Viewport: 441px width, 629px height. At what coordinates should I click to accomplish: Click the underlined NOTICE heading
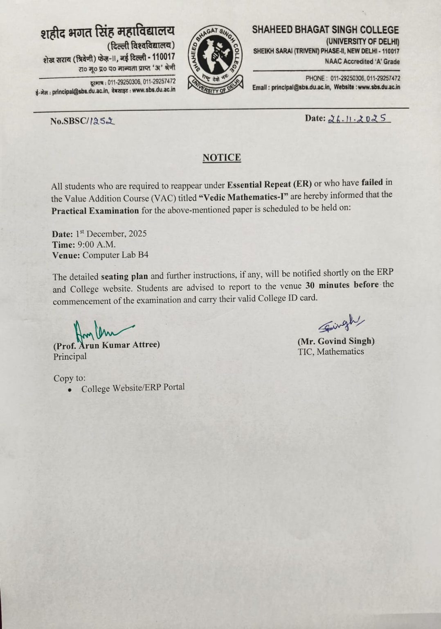click(x=222, y=158)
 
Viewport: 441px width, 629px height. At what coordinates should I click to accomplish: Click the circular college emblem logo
click(x=215, y=59)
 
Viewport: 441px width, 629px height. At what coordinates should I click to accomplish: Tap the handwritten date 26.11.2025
click(x=358, y=118)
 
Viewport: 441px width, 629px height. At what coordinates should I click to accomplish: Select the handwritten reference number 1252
click(x=102, y=121)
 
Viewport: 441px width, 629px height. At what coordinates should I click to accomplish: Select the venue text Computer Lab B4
click(x=115, y=255)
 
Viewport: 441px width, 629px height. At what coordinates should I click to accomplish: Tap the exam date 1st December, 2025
click(x=111, y=234)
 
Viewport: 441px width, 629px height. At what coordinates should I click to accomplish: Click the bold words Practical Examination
click(x=95, y=211)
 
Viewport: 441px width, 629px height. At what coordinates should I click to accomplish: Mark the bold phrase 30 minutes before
click(x=342, y=285)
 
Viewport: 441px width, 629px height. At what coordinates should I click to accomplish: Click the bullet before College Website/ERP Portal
click(x=70, y=390)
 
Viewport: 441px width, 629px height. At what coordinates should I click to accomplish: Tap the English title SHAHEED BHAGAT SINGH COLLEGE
click(x=325, y=30)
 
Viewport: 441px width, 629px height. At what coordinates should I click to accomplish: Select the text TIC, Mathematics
click(x=331, y=351)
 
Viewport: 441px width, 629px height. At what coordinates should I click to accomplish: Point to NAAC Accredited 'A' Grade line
click(x=362, y=62)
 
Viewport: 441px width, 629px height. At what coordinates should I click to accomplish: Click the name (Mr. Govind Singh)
click(x=336, y=341)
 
